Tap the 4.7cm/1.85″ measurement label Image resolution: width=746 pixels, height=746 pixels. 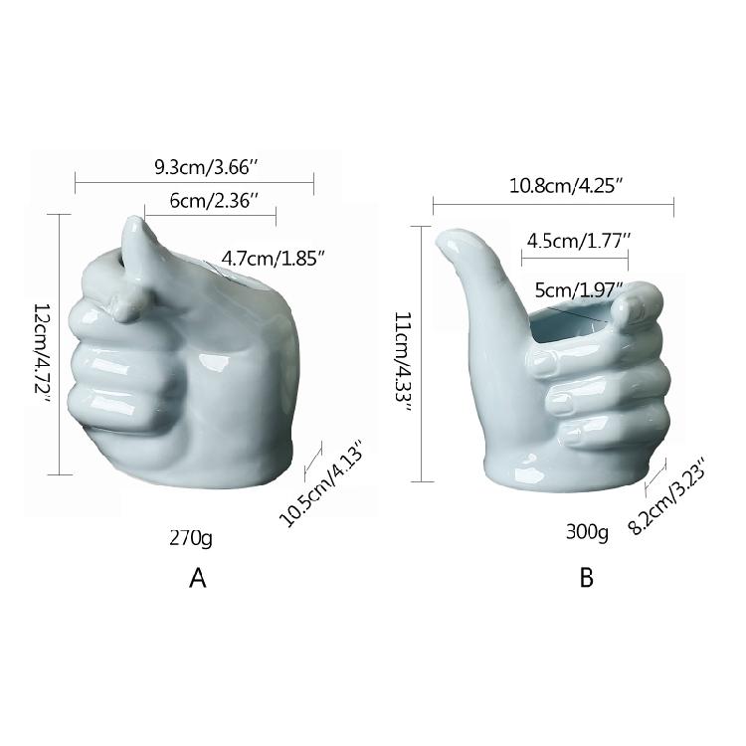pos(274,259)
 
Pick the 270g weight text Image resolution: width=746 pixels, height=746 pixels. pos(191,538)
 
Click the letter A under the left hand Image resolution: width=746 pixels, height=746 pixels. pos(198,579)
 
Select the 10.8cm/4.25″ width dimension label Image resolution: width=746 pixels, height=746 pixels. pos(566,185)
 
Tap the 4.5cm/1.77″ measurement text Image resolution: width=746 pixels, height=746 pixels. pos(578,242)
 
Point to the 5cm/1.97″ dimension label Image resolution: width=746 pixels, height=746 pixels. pos(579,289)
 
